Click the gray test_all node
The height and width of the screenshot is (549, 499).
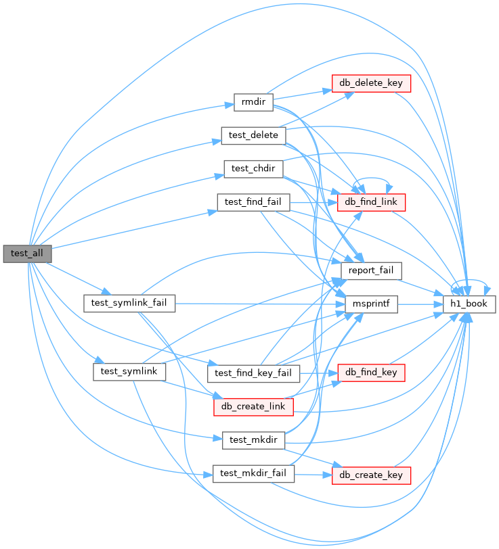(x=27, y=254)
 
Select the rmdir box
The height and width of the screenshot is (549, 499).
(x=253, y=103)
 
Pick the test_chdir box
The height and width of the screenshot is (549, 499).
(x=253, y=168)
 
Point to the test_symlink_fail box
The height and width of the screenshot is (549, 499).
(x=129, y=303)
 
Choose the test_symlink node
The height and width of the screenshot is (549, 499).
(x=129, y=371)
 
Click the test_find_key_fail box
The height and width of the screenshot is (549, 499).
(x=253, y=373)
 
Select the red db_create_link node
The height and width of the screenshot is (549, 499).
(x=253, y=406)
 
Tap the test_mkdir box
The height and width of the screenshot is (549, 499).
(x=253, y=439)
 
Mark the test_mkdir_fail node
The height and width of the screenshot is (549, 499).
(x=253, y=473)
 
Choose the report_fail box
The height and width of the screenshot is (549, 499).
(x=371, y=270)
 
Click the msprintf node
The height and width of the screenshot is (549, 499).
(x=371, y=304)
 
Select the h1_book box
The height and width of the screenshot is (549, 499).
(x=469, y=304)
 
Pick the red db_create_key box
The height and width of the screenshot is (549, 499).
(x=372, y=475)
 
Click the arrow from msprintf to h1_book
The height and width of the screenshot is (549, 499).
(x=420, y=304)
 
